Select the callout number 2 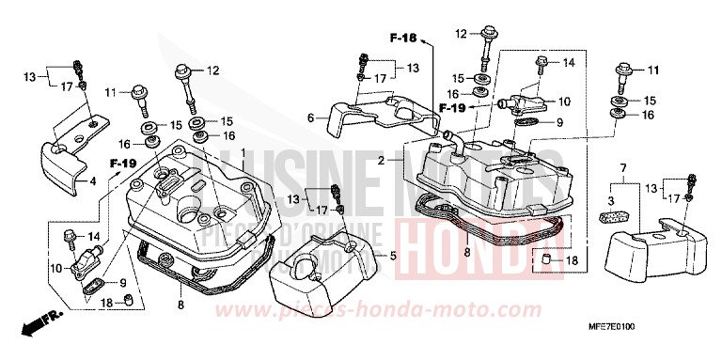coord(381,161)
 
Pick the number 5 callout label coord(393,255)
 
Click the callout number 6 coord(309,117)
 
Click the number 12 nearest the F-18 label coord(461,34)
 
